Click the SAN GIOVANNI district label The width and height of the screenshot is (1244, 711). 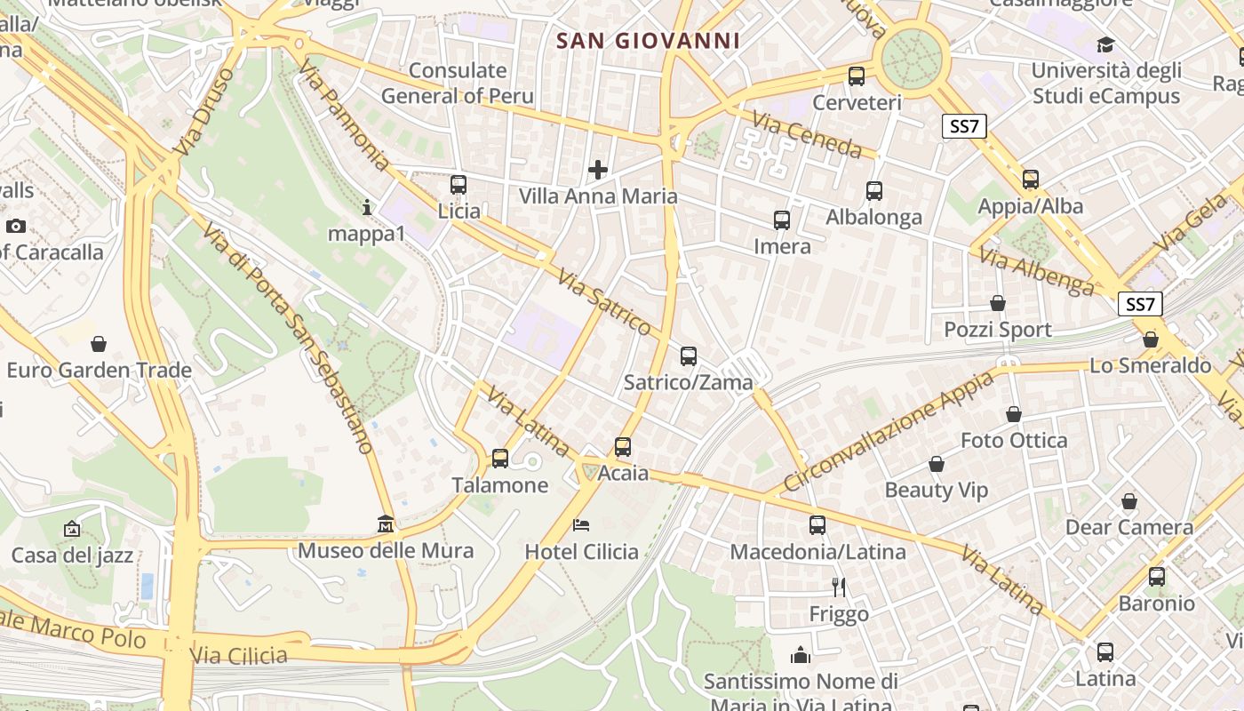coord(648,41)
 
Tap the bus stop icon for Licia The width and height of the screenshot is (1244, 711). coord(459,185)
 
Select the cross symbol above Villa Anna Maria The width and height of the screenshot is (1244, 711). coord(598,169)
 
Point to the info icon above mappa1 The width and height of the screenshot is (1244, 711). coord(367,207)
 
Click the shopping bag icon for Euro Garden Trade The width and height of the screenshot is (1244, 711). coord(99,343)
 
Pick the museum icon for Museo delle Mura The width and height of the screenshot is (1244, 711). coord(386,523)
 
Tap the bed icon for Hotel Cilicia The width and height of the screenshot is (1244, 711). coord(581,524)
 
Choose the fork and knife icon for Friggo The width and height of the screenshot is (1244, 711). coord(838,587)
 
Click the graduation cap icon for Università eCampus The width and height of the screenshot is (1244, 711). coord(1105,44)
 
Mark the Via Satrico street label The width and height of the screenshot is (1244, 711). coord(605,304)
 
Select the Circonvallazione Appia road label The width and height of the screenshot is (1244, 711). coord(889,433)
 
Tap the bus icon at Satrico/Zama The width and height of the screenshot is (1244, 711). coord(689,356)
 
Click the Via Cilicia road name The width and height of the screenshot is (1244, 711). coord(239,656)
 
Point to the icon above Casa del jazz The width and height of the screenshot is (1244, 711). coord(72,529)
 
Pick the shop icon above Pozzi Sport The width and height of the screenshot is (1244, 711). coord(998,303)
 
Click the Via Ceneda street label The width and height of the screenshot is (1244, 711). coord(807,134)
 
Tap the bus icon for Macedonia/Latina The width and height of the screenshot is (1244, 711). coord(817,525)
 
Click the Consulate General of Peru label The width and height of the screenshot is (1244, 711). coord(458,84)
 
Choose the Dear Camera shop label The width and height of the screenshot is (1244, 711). coord(1128,527)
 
